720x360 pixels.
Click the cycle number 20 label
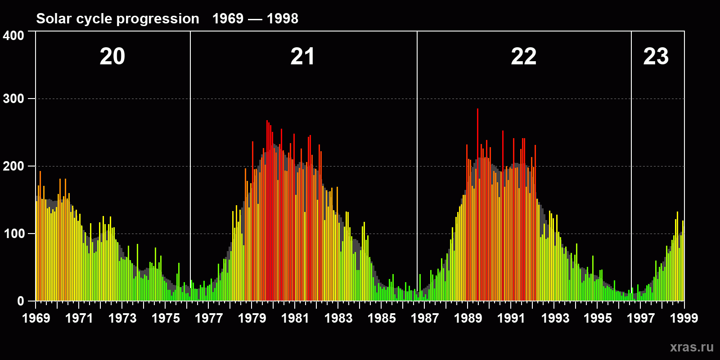(x=112, y=57)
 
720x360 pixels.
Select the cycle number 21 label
(x=302, y=57)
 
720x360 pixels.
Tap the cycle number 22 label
(x=523, y=57)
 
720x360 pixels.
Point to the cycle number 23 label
(x=656, y=57)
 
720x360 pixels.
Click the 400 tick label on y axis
(x=13, y=36)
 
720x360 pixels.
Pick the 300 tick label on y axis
(x=13, y=99)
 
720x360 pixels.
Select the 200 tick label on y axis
(x=13, y=166)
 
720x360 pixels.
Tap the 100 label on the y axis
(x=13, y=234)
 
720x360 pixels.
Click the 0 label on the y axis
(x=20, y=301)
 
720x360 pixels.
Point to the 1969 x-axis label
(x=36, y=318)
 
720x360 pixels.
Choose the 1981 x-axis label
(x=295, y=318)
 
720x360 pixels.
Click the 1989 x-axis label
(x=468, y=318)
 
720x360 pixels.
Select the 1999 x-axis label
(x=684, y=318)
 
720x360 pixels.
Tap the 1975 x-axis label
(x=166, y=318)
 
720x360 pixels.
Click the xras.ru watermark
(x=692, y=347)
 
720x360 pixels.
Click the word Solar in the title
(x=50, y=19)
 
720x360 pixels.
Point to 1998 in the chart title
(x=283, y=19)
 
